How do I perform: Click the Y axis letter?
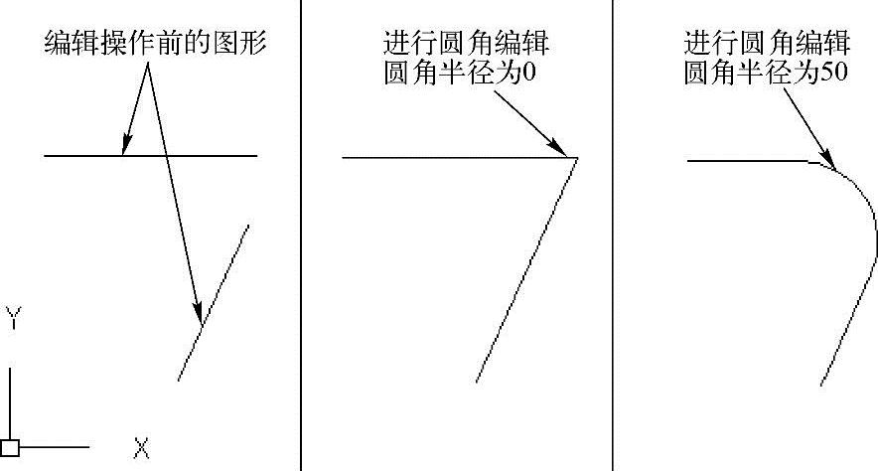(12, 319)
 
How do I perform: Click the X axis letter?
(141, 449)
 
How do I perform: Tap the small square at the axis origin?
(10, 447)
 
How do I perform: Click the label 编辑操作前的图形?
(156, 44)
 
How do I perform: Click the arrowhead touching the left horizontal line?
(124, 149)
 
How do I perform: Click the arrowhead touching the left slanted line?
(199, 314)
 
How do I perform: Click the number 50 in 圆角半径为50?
(834, 75)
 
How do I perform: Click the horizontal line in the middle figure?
(447, 157)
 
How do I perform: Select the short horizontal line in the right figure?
(745, 159)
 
